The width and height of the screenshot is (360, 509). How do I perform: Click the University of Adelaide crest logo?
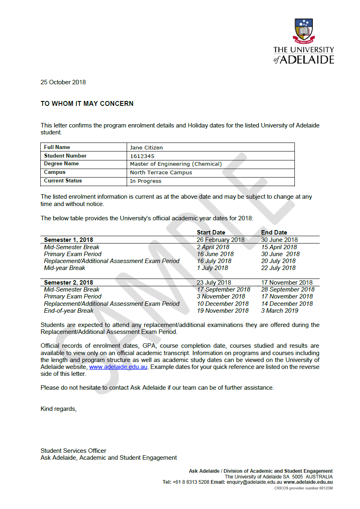click(x=303, y=31)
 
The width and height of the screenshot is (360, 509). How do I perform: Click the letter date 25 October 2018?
click(x=63, y=82)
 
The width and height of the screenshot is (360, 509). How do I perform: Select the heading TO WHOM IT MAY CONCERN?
click(x=87, y=104)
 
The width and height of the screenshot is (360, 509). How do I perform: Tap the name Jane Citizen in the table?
click(x=146, y=147)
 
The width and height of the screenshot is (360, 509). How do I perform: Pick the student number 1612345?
click(x=142, y=156)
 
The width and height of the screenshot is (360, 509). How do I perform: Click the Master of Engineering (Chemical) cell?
click(x=176, y=164)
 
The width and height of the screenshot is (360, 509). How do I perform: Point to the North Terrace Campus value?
click(x=161, y=173)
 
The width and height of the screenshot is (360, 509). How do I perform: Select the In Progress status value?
click(x=145, y=181)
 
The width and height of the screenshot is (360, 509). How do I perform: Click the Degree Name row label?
click(x=61, y=164)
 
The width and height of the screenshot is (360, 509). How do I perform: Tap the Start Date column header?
click(x=211, y=233)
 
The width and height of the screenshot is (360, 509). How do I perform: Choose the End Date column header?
click(x=274, y=233)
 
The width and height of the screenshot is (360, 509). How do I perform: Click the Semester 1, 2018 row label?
click(x=68, y=240)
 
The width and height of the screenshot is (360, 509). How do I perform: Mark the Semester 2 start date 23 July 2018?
click(x=214, y=283)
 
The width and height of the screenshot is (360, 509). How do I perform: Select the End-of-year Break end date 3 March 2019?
click(x=279, y=311)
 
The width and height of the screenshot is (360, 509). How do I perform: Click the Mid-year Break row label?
click(x=64, y=268)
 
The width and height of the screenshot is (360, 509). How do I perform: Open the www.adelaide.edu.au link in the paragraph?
click(x=118, y=367)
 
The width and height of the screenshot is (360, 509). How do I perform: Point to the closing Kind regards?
click(x=58, y=408)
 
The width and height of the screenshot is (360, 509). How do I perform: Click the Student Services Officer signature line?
click(x=73, y=451)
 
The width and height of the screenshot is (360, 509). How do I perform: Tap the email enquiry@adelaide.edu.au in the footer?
click(x=252, y=482)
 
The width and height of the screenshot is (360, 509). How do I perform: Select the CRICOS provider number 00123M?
click(x=303, y=488)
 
